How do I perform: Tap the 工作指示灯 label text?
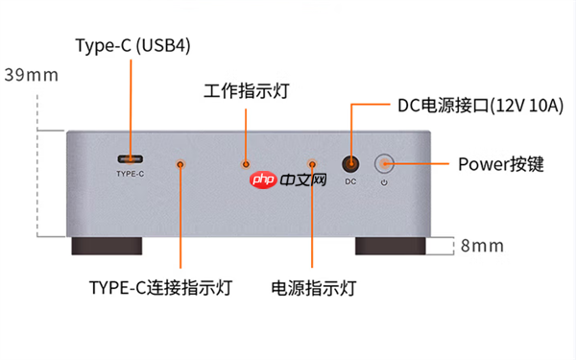click(x=247, y=91)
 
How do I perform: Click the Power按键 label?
click(x=500, y=164)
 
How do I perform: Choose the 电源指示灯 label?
click(x=314, y=288)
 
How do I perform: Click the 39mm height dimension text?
click(x=31, y=74)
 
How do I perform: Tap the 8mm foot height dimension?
click(x=482, y=246)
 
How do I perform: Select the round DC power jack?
click(x=351, y=164)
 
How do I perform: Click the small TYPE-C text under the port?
click(x=130, y=175)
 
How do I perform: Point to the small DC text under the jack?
click(x=351, y=181)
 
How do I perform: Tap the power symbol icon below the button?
click(x=384, y=181)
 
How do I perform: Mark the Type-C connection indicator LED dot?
click(x=180, y=164)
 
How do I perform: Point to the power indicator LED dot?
click(x=310, y=164)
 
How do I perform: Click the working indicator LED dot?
click(x=246, y=164)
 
